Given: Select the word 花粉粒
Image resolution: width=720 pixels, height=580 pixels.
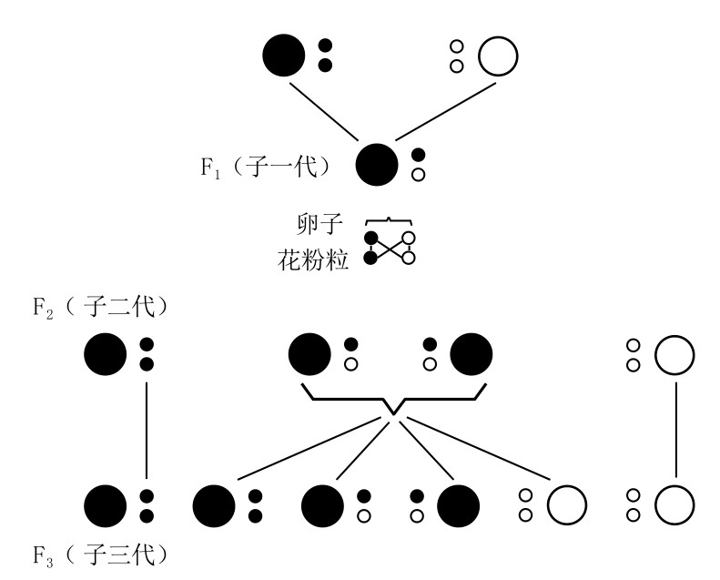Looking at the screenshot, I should click(x=312, y=258).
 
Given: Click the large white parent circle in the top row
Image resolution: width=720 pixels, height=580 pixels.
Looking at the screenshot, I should click(x=497, y=56).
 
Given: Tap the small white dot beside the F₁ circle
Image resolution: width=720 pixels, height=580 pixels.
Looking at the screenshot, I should click(x=419, y=174).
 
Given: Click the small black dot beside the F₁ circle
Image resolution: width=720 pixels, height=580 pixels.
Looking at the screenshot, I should click(x=419, y=155).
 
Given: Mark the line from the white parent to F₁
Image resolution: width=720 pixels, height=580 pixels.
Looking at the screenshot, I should click(x=449, y=113).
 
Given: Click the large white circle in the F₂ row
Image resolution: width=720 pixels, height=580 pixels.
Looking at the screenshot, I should click(x=674, y=354).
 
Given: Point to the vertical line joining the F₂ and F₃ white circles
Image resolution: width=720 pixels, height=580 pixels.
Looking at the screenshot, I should click(x=674, y=428).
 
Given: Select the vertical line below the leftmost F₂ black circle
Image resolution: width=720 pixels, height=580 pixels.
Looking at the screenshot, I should click(x=147, y=428).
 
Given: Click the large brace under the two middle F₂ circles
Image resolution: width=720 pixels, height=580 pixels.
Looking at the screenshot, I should click(x=390, y=402).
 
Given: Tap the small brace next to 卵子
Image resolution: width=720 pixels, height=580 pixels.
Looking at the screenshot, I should click(x=390, y=220).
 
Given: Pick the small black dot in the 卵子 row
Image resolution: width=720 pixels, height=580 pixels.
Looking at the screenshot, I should click(x=370, y=239).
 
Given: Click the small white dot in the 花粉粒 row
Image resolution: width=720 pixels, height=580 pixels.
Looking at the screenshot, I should click(x=410, y=258).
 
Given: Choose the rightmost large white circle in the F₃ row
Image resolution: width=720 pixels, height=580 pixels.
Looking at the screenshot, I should click(x=674, y=505).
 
